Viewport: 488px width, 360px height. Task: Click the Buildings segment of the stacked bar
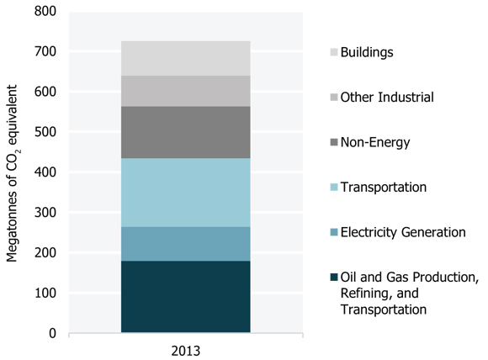(185, 58)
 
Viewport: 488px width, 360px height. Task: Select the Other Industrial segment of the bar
(185, 91)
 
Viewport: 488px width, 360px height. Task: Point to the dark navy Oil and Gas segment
(185, 297)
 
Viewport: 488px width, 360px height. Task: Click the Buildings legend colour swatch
(335, 52)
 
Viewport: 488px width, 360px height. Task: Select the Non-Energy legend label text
(377, 142)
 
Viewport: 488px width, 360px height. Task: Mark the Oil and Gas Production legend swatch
(335, 278)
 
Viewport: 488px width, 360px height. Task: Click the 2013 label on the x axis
(185, 348)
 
